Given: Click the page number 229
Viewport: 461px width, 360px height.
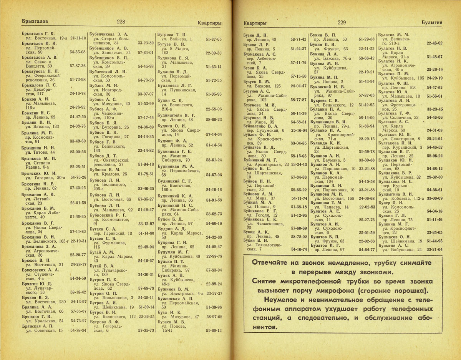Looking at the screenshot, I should coord(342,23).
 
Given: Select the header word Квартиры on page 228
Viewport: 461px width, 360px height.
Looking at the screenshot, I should coord(209,23).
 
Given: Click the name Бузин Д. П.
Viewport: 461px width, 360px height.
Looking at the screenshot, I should coord(256,35).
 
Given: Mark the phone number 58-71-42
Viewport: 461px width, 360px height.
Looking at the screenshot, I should coord(298,39).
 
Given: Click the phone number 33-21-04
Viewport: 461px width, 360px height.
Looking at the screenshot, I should coord(435,249).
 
